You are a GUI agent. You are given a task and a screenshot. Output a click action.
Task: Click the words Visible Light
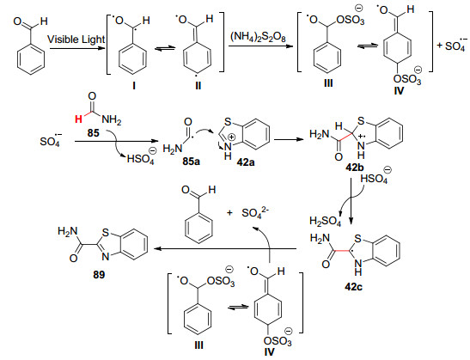[76, 40]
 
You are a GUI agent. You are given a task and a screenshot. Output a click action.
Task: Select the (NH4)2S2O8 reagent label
[258, 38]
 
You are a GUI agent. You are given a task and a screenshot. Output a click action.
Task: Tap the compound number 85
[93, 132]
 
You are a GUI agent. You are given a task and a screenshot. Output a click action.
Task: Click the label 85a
[191, 162]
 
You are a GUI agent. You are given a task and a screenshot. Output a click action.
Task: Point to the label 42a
[245, 162]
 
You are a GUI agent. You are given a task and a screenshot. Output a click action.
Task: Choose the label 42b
[355, 167]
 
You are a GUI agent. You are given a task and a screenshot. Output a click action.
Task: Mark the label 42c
[353, 287]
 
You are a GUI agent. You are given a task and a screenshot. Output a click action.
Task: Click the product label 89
[99, 275]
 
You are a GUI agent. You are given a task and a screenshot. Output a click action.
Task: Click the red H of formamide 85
[78, 119]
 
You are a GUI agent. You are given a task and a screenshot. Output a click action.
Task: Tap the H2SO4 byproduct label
[326, 222]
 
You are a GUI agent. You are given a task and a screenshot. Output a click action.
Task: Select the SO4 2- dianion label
[255, 212]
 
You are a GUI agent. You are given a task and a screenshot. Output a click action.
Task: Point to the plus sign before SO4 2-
[229, 213]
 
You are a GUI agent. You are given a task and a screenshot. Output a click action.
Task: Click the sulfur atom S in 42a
[228, 122]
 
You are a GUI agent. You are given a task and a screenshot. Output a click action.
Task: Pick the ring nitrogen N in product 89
[105, 256]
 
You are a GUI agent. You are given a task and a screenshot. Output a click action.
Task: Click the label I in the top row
[134, 86]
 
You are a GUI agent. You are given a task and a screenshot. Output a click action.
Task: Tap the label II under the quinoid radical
[198, 86]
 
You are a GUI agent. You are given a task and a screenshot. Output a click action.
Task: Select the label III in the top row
[328, 83]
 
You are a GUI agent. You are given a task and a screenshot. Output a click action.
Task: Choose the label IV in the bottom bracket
[269, 351]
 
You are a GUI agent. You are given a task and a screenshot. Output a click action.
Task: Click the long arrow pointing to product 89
[225, 249]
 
